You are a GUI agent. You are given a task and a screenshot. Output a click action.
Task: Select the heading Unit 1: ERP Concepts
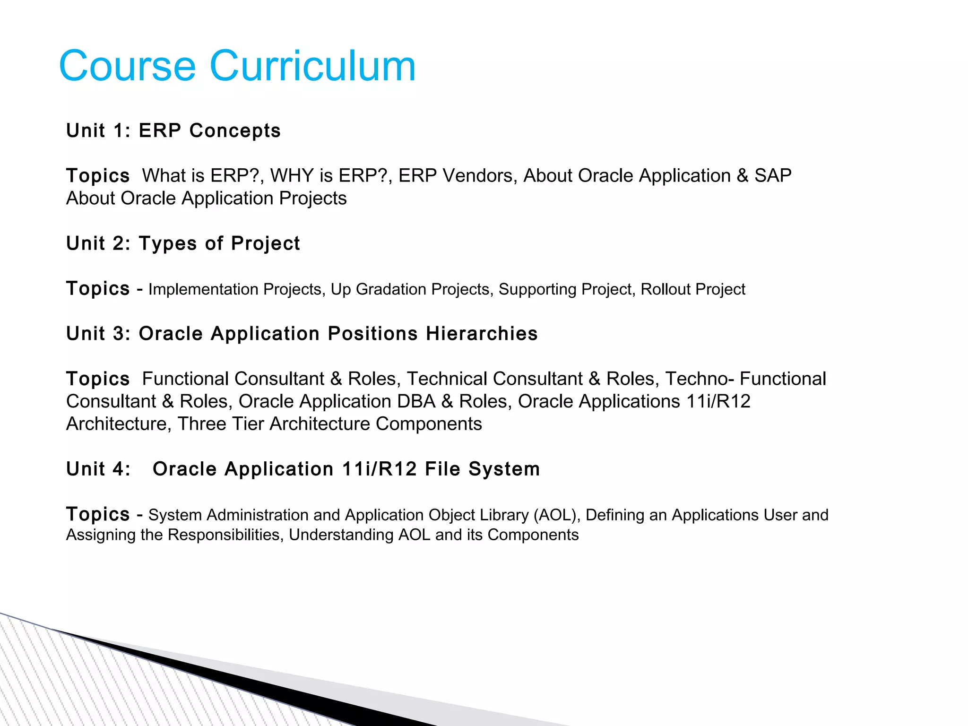(173, 130)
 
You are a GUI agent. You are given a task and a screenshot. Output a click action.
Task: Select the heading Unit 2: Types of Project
(182, 243)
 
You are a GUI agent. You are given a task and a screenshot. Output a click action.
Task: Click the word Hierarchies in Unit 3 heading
(481, 334)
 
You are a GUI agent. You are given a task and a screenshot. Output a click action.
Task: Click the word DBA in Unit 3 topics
(416, 401)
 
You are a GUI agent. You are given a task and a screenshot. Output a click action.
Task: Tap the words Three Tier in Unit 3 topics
(220, 424)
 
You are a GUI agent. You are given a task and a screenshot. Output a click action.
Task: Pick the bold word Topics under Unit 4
(98, 514)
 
